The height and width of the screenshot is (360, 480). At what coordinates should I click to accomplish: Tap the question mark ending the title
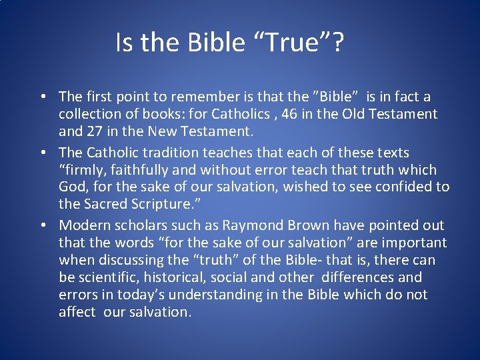coord(337,43)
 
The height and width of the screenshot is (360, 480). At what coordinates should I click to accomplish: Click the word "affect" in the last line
coord(77,312)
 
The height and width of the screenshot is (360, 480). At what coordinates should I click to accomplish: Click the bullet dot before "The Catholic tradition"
coord(41,153)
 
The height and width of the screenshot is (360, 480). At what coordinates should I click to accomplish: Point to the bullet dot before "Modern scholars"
coord(41,226)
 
